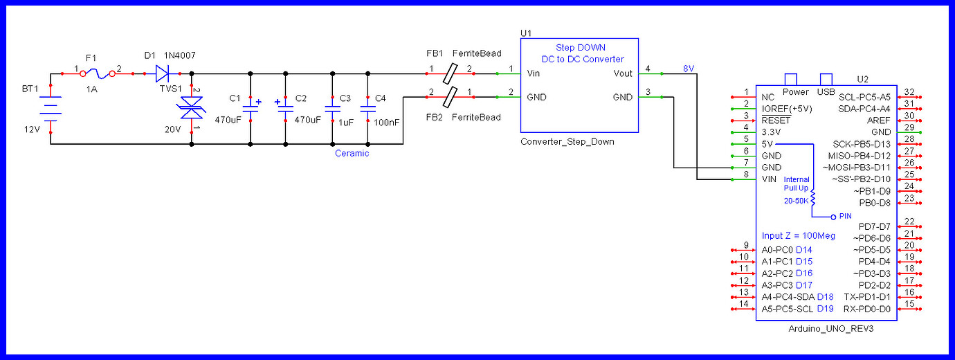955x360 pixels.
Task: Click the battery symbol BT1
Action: tap(51, 107)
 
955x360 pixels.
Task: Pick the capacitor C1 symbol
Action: tap(251, 107)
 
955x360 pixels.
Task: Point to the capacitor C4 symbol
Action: tap(367, 107)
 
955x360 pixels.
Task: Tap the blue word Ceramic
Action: tap(352, 153)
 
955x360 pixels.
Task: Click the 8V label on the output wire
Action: tap(688, 68)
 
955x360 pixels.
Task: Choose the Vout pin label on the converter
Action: tap(622, 73)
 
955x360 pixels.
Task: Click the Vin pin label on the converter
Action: tap(534, 73)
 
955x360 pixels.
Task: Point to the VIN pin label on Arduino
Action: tap(769, 179)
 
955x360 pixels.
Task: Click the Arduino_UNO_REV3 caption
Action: tap(830, 329)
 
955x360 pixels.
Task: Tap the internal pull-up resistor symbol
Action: tap(814, 199)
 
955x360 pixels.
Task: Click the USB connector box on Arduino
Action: tap(825, 80)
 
